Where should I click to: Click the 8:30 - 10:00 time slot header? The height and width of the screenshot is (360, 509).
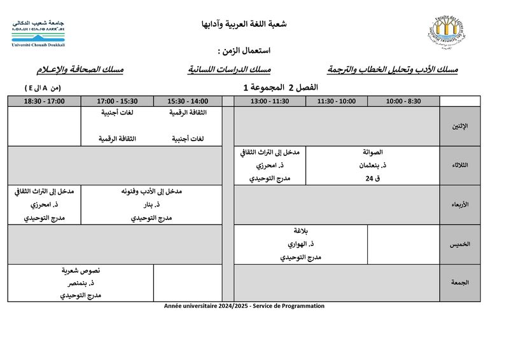click(x=403, y=101)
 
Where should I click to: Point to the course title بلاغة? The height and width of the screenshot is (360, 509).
click(x=300, y=231)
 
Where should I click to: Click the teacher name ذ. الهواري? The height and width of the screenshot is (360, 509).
click(x=300, y=244)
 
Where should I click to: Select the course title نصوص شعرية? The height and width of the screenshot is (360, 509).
click(x=81, y=270)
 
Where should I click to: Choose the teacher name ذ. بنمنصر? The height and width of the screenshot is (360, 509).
click(x=81, y=283)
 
